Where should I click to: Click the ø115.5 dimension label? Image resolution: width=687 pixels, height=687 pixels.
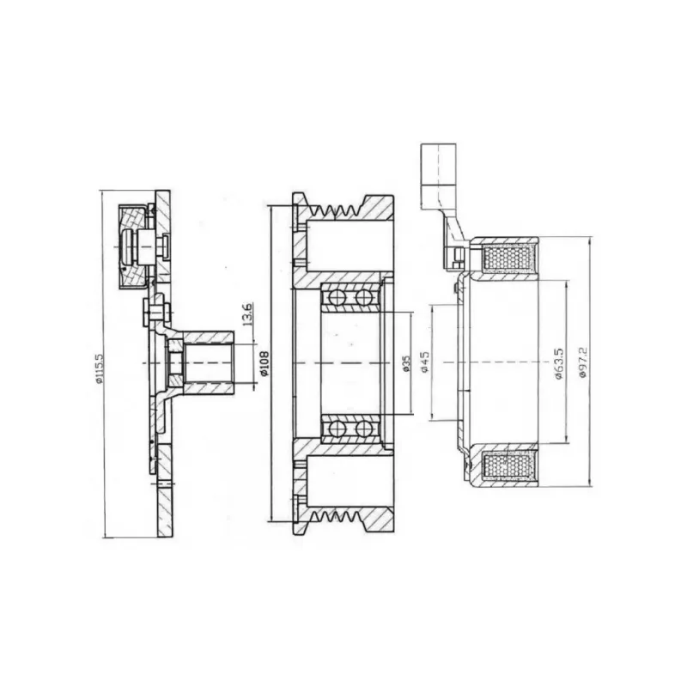[100, 368]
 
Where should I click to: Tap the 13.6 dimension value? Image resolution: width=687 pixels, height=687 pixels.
[246, 314]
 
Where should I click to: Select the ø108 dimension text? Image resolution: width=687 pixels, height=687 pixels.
[264, 363]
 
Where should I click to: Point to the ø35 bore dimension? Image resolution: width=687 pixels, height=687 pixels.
[406, 363]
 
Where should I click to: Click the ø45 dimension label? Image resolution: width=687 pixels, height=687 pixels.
[424, 362]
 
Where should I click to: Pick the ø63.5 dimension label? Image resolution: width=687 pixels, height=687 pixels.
[559, 363]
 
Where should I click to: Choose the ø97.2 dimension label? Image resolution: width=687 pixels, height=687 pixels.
[582, 362]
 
